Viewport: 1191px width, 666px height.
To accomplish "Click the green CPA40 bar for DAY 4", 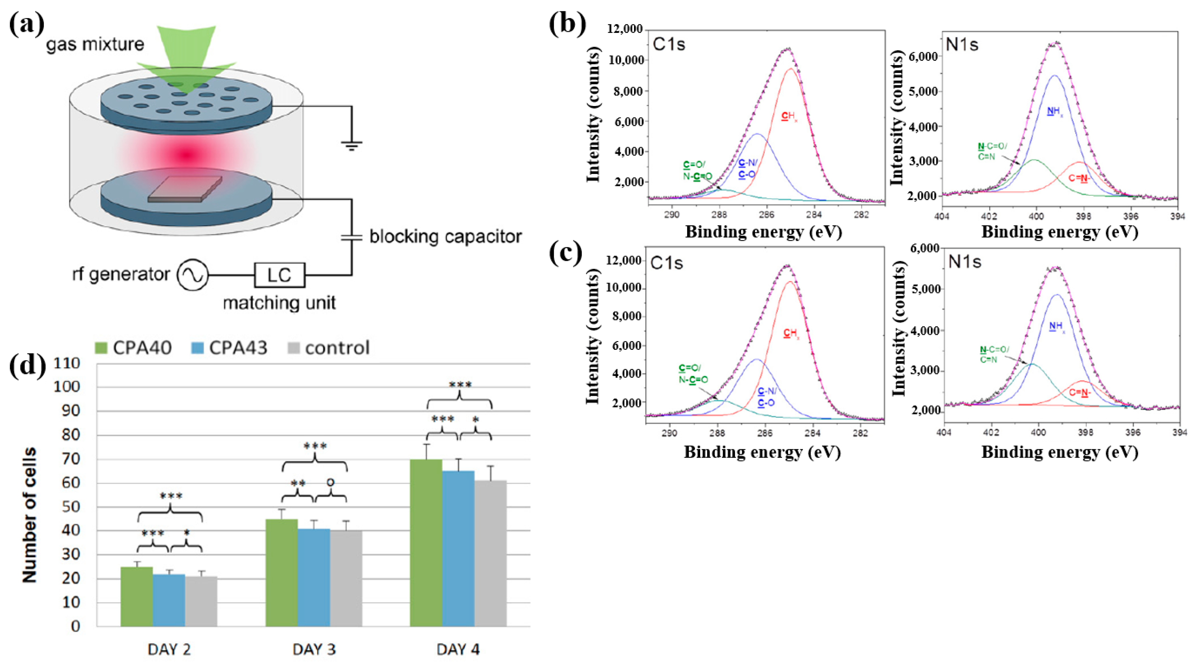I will (426, 543).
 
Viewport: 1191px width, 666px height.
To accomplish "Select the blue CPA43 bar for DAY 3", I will (314, 578).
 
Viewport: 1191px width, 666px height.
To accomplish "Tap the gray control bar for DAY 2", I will (201, 601).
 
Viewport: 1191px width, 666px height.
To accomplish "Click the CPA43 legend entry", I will (229, 348).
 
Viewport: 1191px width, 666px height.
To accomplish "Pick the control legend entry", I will (329, 348).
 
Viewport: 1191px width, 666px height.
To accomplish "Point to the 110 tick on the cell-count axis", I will (67, 363).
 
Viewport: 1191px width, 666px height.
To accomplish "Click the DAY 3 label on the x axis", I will (314, 649).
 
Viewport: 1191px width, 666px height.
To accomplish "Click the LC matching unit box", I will (280, 275).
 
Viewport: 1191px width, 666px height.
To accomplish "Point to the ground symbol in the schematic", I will (352, 145).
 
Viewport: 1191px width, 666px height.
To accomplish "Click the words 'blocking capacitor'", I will (445, 237).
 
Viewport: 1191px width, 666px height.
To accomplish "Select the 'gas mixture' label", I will (95, 44).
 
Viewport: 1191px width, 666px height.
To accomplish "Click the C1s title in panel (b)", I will (668, 44).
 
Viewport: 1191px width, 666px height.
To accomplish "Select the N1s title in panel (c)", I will (965, 262).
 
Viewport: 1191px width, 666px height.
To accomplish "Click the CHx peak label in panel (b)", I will (789, 117).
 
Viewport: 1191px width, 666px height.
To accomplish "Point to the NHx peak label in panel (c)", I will (1057, 327).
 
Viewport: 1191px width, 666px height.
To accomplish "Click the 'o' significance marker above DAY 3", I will (330, 482).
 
